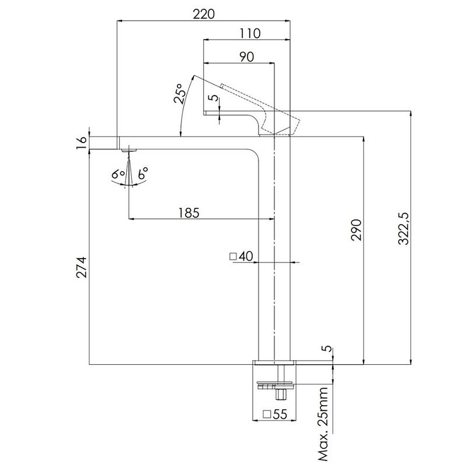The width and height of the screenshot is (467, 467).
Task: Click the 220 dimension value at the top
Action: [x=203, y=14]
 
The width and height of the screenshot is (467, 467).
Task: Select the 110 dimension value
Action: [x=250, y=33]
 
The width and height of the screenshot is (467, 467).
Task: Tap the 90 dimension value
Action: [x=246, y=57]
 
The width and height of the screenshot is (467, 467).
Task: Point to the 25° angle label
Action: [x=180, y=93]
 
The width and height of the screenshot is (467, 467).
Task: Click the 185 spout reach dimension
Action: [x=189, y=213]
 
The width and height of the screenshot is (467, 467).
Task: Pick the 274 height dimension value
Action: [x=81, y=267]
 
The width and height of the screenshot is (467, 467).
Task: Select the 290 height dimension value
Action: [x=357, y=229]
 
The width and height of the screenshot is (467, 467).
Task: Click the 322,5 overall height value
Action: [x=404, y=228]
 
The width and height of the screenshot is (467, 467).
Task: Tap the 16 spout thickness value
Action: [x=81, y=142]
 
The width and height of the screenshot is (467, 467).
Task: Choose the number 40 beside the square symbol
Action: [x=246, y=256]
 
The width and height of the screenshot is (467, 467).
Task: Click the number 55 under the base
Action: [x=280, y=414]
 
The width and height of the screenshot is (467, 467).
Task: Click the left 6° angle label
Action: [x=118, y=174]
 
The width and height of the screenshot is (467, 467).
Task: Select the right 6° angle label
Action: [x=143, y=173]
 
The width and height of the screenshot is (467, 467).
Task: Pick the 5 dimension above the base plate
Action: [x=327, y=348]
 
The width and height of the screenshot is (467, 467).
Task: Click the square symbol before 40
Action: [x=233, y=256]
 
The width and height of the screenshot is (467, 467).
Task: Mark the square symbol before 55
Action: [x=267, y=414]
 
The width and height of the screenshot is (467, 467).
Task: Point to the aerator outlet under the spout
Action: [x=128, y=150]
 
